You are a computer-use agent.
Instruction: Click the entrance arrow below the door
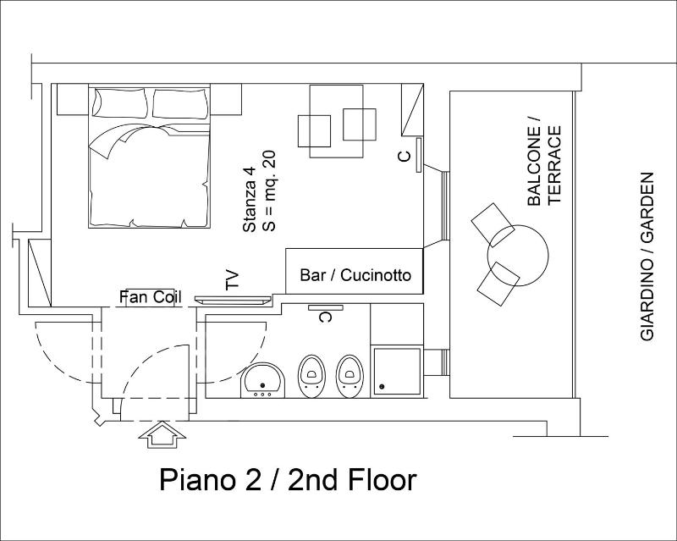coord(162,434)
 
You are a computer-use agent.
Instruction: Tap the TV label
coord(232,280)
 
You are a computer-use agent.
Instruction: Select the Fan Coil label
coord(151,297)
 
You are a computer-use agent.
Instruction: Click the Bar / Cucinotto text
coord(355,275)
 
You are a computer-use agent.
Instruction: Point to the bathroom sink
coord(262,380)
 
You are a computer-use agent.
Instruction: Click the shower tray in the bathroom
coord(397,372)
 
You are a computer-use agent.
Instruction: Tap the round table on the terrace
coord(518,255)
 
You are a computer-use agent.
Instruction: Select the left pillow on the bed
coord(119,103)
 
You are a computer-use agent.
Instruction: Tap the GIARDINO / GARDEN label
coord(647,257)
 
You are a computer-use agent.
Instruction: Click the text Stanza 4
coord(250,200)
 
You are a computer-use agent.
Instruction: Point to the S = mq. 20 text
coord(268,190)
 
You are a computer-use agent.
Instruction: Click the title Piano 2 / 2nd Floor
coord(288,480)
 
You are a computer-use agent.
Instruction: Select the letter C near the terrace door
coord(405,156)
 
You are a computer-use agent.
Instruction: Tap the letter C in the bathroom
coord(325,317)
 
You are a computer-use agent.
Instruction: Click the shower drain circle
coord(382,387)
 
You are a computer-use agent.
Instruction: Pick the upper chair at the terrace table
coord(493,224)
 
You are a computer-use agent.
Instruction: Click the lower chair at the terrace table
coord(498,284)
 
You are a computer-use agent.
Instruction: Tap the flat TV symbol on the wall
coord(233,300)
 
